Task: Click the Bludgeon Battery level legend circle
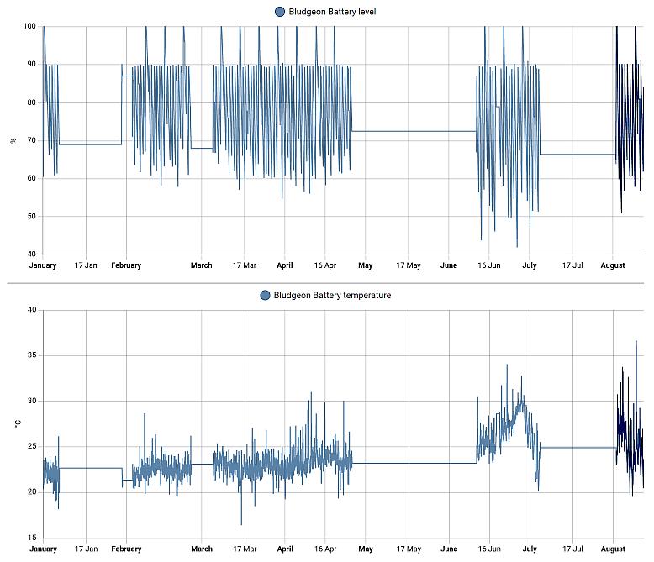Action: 279,12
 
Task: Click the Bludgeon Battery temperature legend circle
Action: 265,295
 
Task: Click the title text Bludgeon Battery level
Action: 332,12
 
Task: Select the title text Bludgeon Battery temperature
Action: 332,295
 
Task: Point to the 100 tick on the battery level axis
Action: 29,26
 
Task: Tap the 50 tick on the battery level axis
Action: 32,216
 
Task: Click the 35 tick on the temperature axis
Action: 32,355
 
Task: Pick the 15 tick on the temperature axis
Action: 32,538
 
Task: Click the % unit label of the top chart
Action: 13,141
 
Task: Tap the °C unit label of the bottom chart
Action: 17,423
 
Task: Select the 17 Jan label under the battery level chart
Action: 86,265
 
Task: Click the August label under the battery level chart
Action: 613,265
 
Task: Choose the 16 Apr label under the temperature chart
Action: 325,549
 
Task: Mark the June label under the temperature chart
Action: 449,549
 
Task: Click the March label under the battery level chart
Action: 202,265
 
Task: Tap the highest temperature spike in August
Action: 636,341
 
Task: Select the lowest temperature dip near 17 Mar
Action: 241,523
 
